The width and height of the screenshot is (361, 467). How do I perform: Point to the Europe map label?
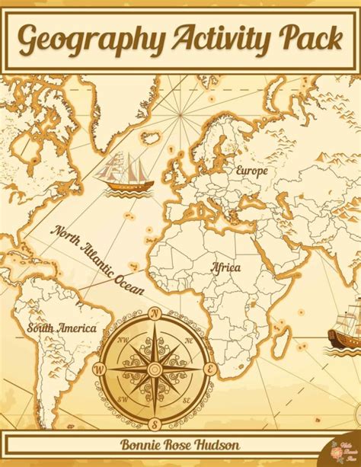click(251, 171)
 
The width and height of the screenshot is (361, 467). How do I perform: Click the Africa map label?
click(226, 268)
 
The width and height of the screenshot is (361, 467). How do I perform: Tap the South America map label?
click(62, 328)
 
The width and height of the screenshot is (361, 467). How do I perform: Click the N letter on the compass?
click(155, 312)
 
